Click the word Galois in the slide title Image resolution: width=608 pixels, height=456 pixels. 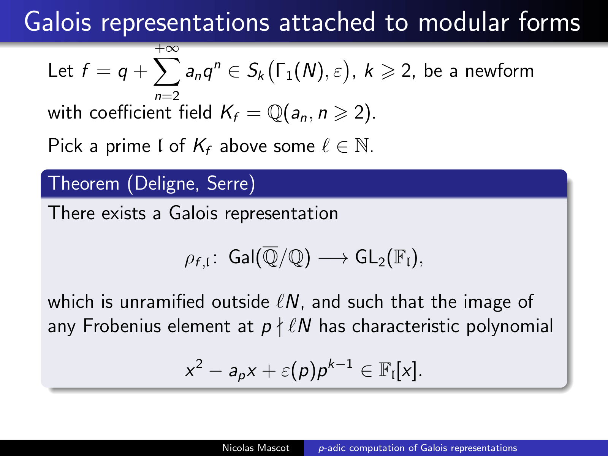[58, 22]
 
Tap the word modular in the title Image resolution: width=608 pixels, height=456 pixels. [464, 22]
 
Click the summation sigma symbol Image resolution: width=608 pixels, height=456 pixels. [167, 72]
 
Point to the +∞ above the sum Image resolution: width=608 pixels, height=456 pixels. [167, 49]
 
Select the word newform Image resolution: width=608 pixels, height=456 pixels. [499, 71]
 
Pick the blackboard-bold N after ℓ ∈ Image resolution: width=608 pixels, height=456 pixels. [362, 146]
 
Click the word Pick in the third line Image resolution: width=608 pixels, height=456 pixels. [65, 146]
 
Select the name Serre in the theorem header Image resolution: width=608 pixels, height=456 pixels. [227, 183]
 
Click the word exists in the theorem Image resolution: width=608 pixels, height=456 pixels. [123, 214]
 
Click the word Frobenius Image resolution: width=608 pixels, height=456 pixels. [122, 326]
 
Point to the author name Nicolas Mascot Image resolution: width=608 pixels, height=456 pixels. [256, 448]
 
